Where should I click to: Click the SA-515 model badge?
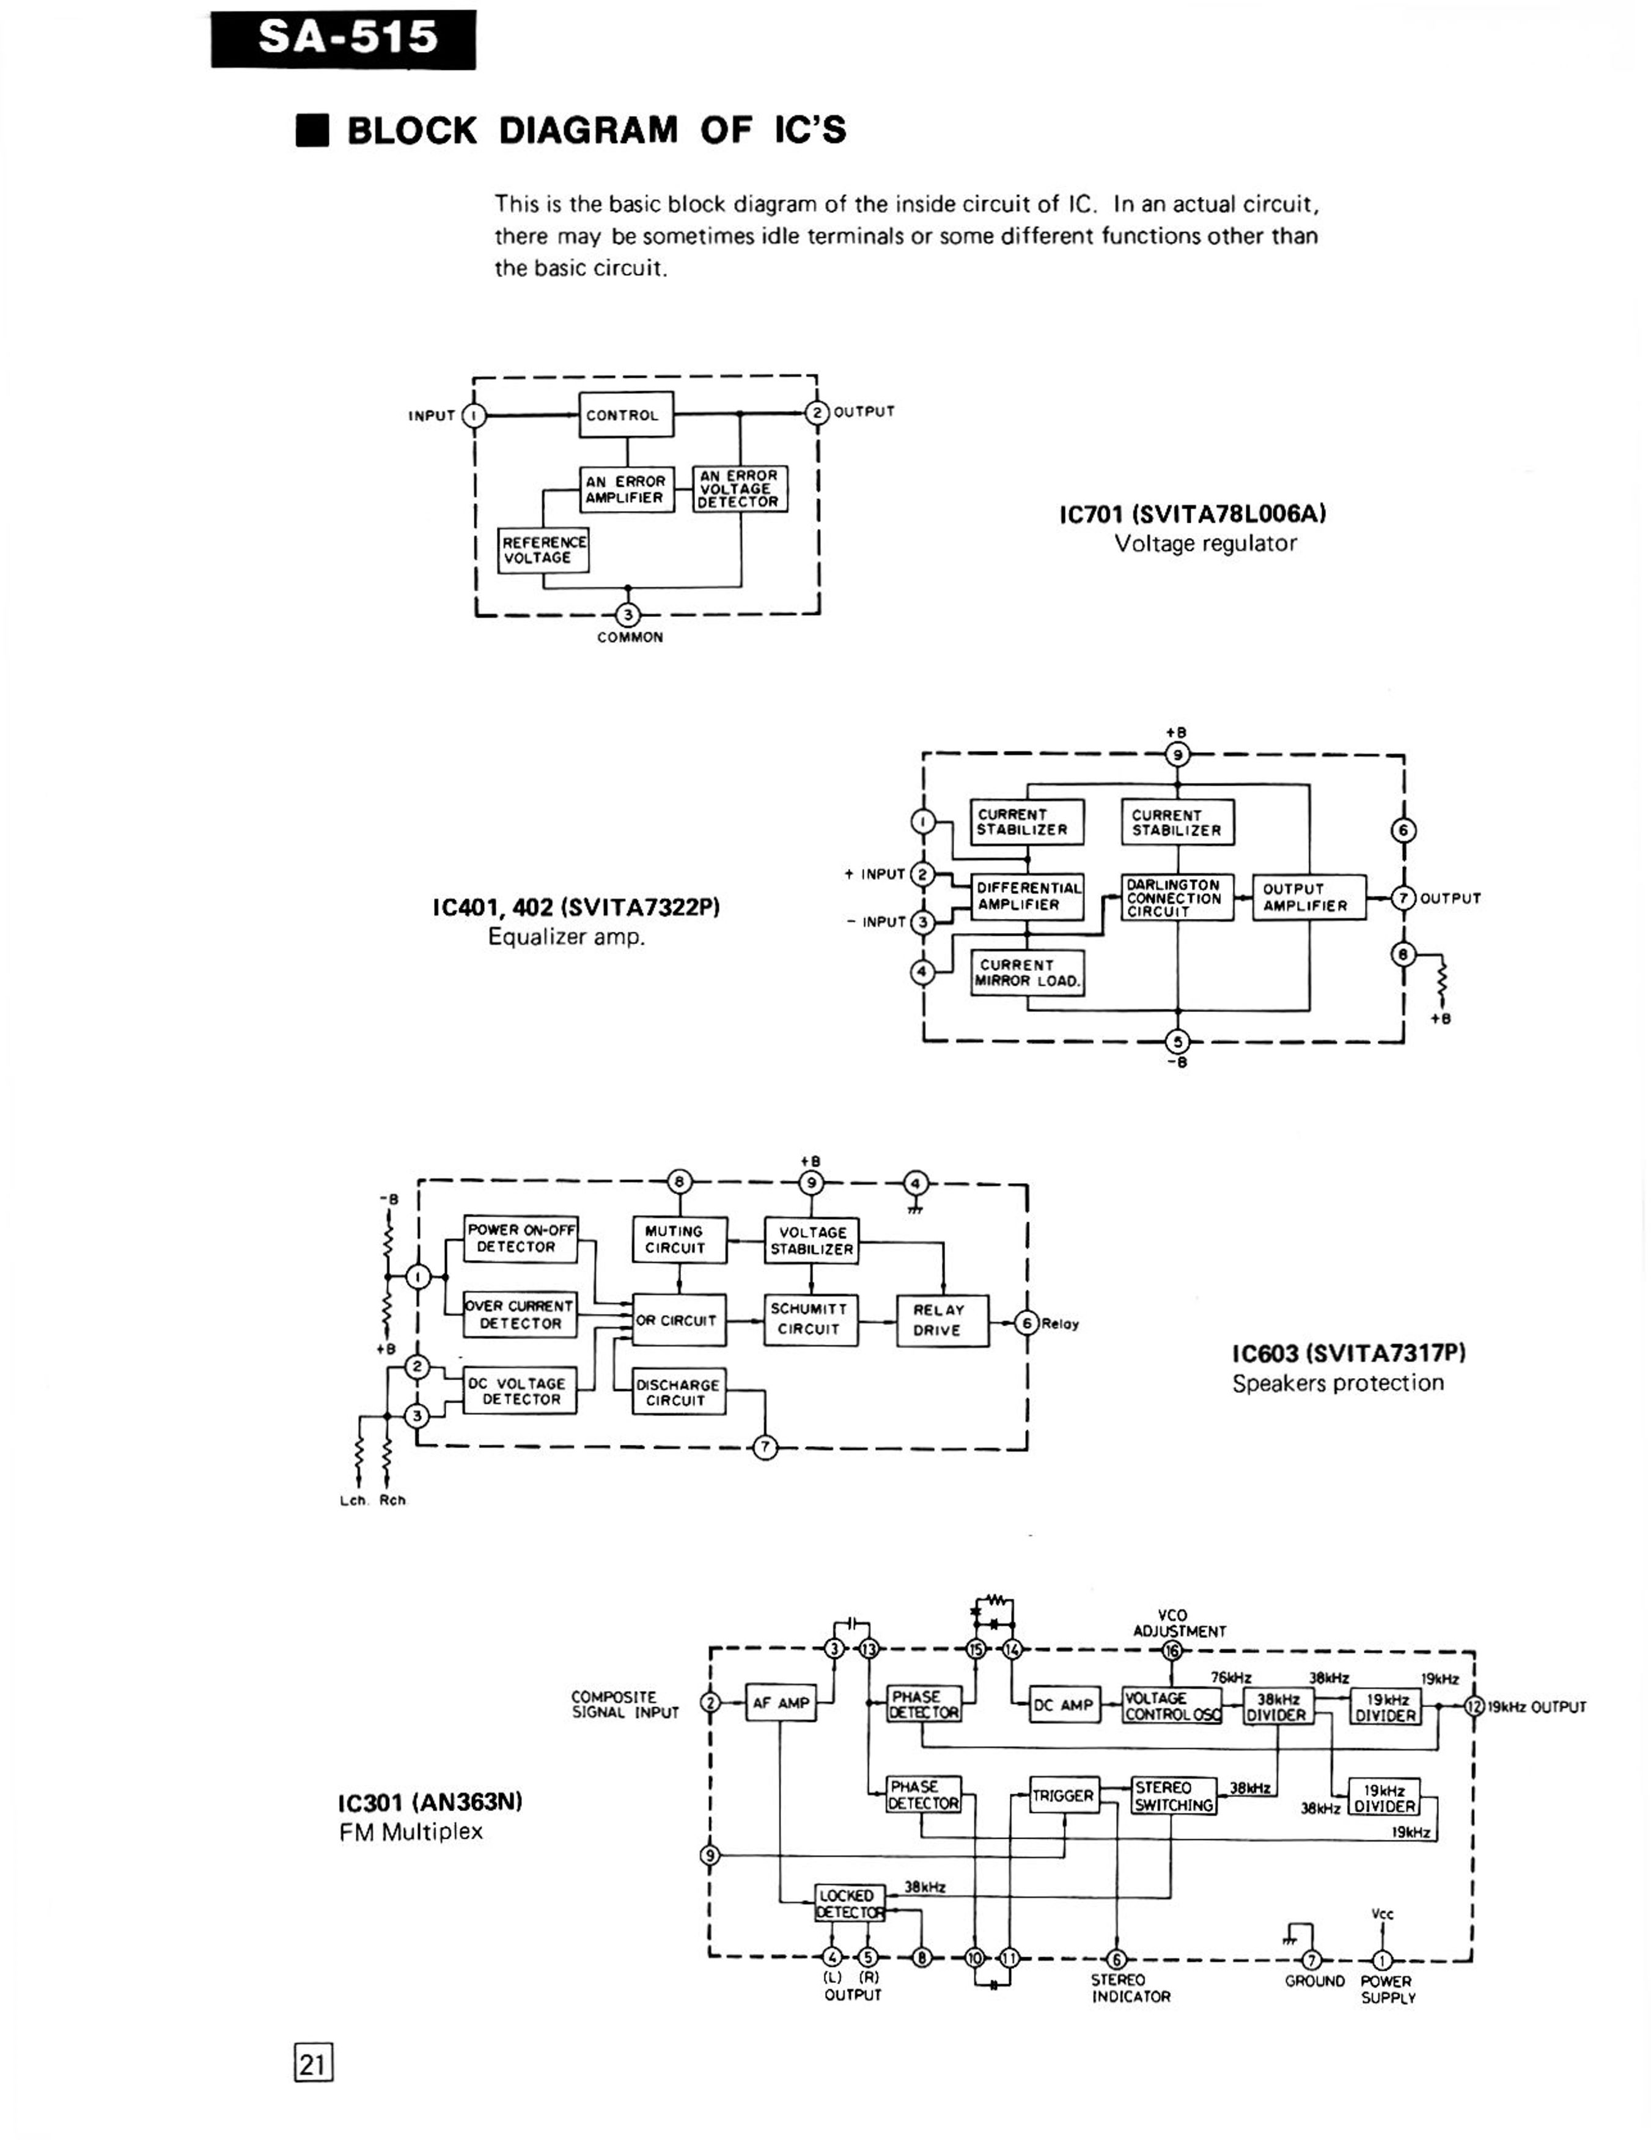[343, 39]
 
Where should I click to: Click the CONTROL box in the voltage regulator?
[626, 415]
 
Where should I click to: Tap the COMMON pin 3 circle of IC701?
[627, 614]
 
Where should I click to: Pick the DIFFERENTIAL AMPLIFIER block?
[1028, 896]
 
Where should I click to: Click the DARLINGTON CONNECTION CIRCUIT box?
[1177, 898]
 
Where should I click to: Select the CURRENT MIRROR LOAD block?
[1028, 972]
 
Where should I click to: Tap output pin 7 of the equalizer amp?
[1404, 898]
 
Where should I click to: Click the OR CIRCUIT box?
[679, 1320]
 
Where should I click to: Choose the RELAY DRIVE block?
[943, 1320]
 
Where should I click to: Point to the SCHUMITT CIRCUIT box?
[811, 1319]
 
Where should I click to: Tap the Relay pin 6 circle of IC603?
[1027, 1323]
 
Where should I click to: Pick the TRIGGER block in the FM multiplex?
[1064, 1795]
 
